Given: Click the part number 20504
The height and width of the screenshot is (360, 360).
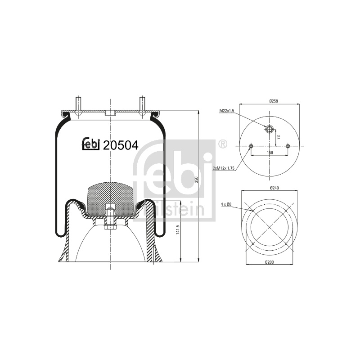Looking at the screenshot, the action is pos(121,145).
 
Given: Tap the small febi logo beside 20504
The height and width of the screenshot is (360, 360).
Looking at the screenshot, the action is pos(91,144).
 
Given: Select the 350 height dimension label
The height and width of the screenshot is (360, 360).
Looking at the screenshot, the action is pos(196,180).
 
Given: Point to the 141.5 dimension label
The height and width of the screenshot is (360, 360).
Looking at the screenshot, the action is pos(177,229).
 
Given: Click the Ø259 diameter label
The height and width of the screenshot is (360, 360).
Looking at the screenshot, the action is pos(274,101).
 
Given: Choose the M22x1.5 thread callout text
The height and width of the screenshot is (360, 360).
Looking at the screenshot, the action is pos(227,111).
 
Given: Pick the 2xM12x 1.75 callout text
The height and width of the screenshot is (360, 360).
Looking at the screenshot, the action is pos(224,168).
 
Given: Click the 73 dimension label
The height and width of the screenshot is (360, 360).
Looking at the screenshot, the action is pos(279,137).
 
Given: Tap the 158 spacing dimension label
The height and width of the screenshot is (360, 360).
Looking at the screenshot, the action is pos(270,153).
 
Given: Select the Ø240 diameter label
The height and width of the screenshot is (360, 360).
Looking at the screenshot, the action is pos(274,188).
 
